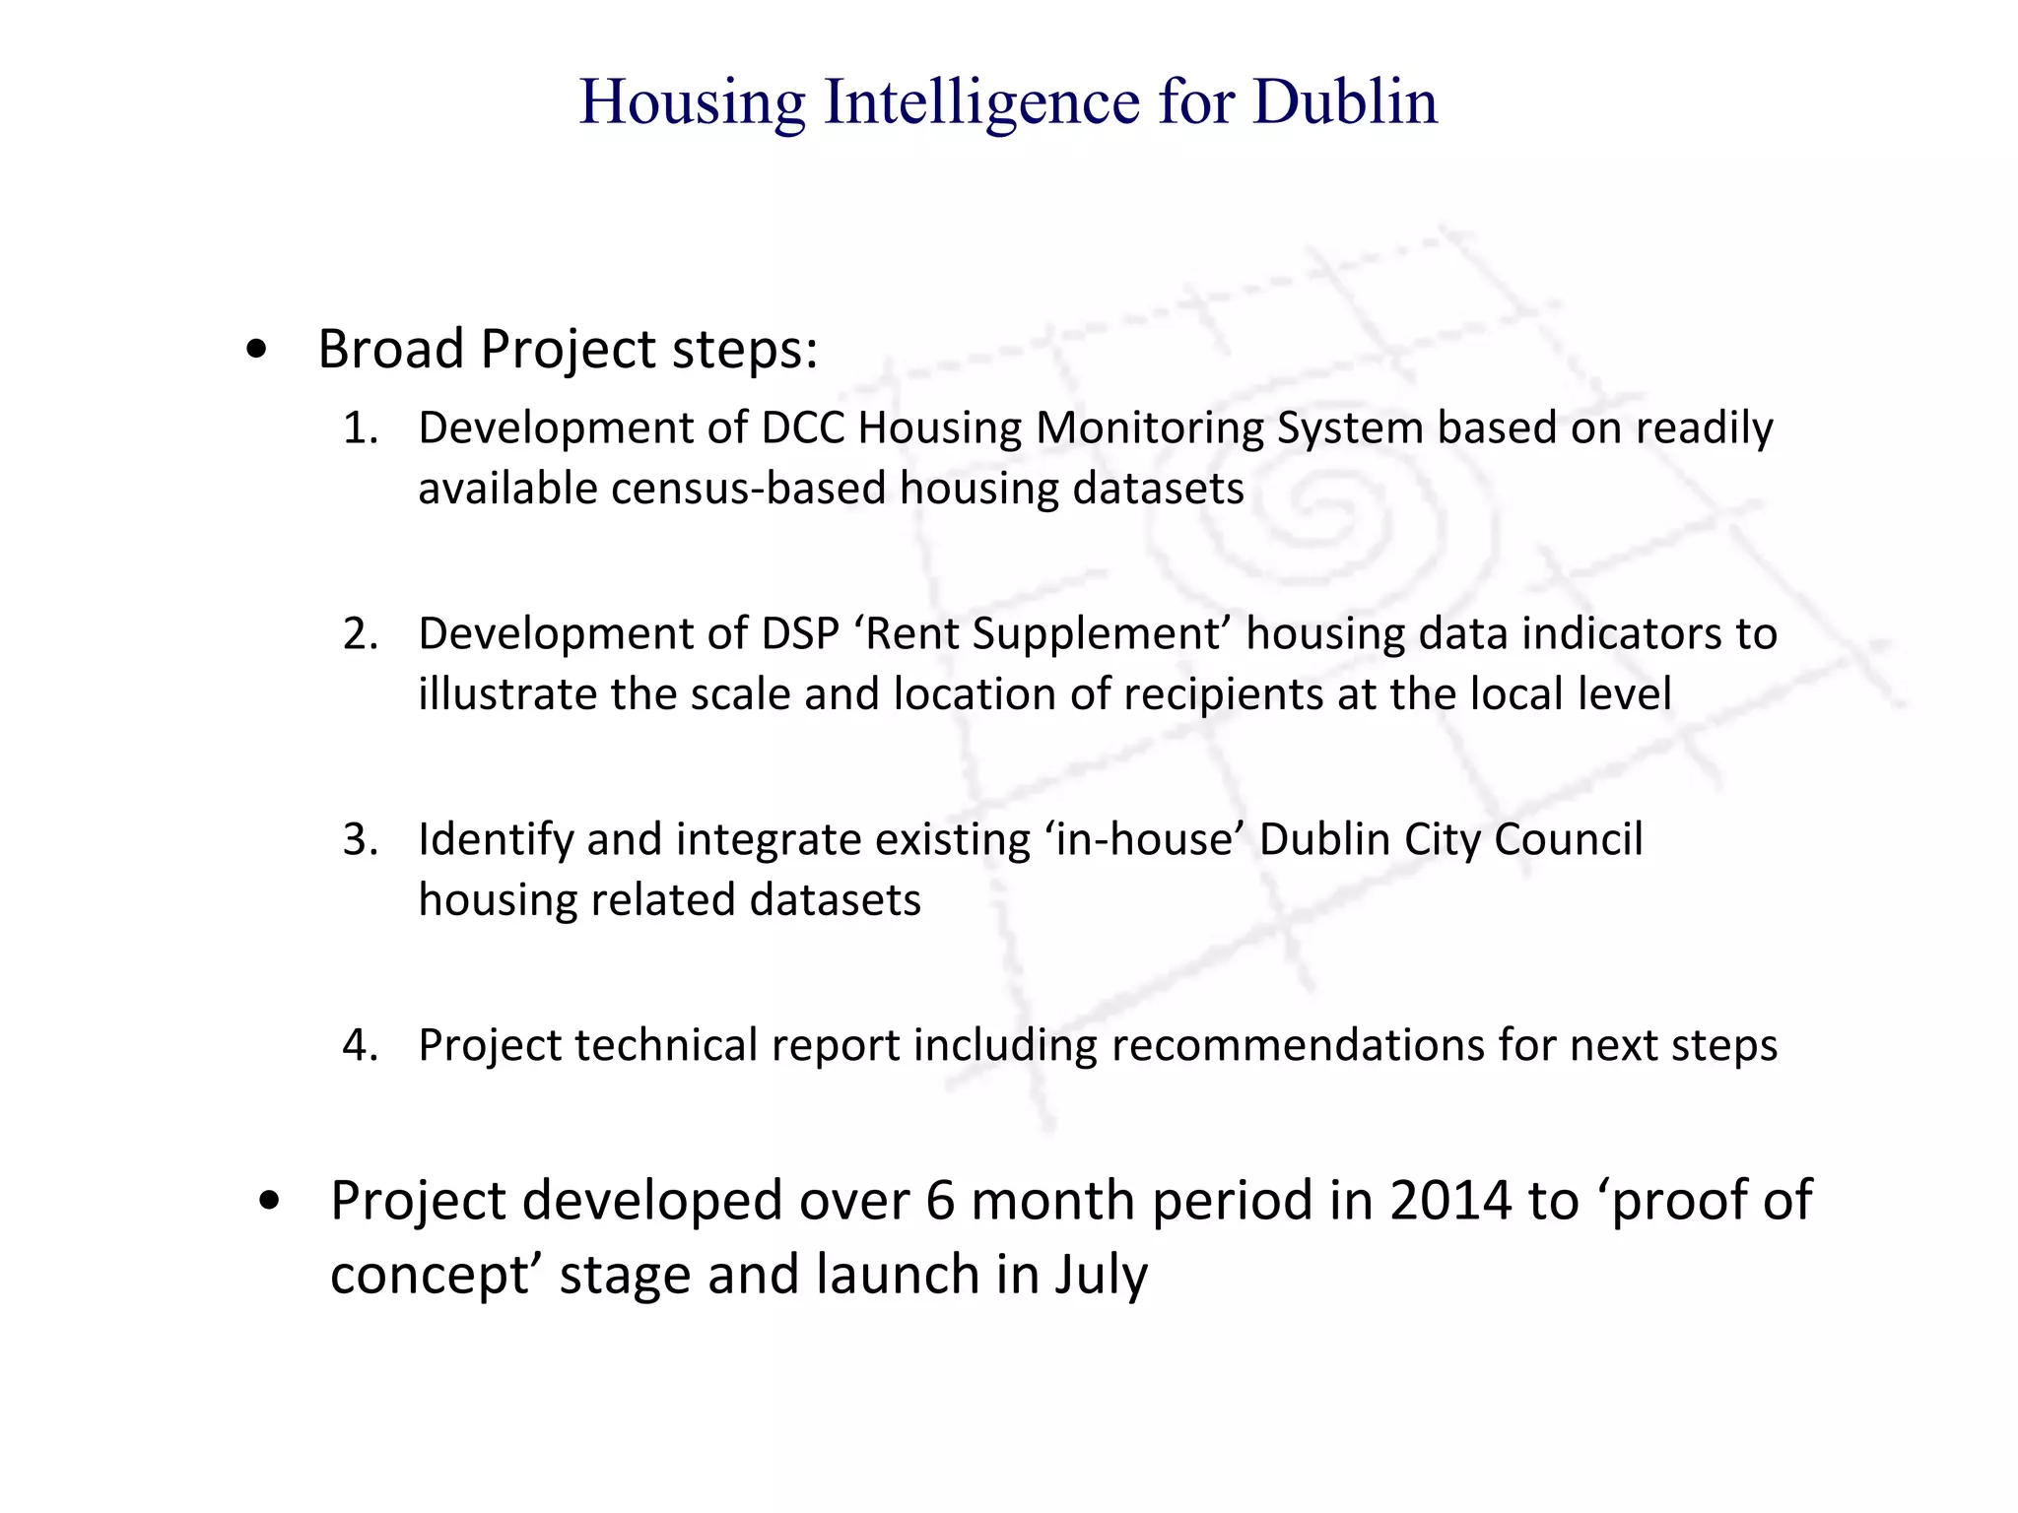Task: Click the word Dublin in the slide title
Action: [x=1345, y=101]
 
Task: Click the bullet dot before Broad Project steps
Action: [x=257, y=350]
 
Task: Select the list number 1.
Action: [x=360, y=428]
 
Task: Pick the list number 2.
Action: [x=360, y=634]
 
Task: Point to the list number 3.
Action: [x=360, y=840]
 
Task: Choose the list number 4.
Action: [x=360, y=1046]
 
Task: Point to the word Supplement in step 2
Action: [x=1096, y=634]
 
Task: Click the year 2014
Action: [x=1450, y=1201]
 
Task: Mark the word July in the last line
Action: [x=1101, y=1275]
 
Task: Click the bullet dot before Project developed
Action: [x=269, y=1202]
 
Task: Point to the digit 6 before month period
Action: [x=940, y=1201]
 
